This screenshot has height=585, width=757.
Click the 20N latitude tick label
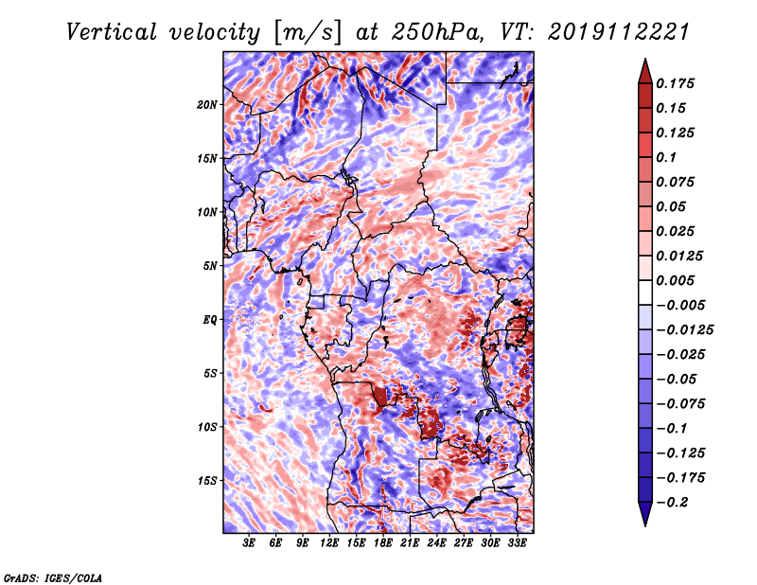(207, 104)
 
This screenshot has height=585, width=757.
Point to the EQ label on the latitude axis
(210, 320)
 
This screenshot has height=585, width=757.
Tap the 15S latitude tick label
(207, 481)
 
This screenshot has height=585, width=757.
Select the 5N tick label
(210, 266)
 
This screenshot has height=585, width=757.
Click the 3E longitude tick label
(249, 542)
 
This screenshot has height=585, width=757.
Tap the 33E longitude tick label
(517, 542)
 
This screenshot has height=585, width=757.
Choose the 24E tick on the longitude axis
(436, 542)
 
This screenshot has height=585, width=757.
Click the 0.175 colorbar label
(675, 83)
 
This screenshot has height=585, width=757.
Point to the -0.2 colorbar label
(672, 503)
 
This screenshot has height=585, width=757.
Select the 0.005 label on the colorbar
(675, 280)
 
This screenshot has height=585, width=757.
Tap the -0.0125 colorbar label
(684, 330)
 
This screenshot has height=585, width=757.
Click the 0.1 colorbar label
(666, 157)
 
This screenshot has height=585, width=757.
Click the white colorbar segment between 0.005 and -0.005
(645, 292)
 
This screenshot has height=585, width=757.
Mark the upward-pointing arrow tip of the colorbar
(645, 60)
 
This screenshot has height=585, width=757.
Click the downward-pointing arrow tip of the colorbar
(645, 525)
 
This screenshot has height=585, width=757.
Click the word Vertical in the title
(112, 32)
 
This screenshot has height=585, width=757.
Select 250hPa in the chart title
(437, 32)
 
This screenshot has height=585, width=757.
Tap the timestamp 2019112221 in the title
(619, 32)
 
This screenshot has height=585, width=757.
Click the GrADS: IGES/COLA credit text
(53, 577)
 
